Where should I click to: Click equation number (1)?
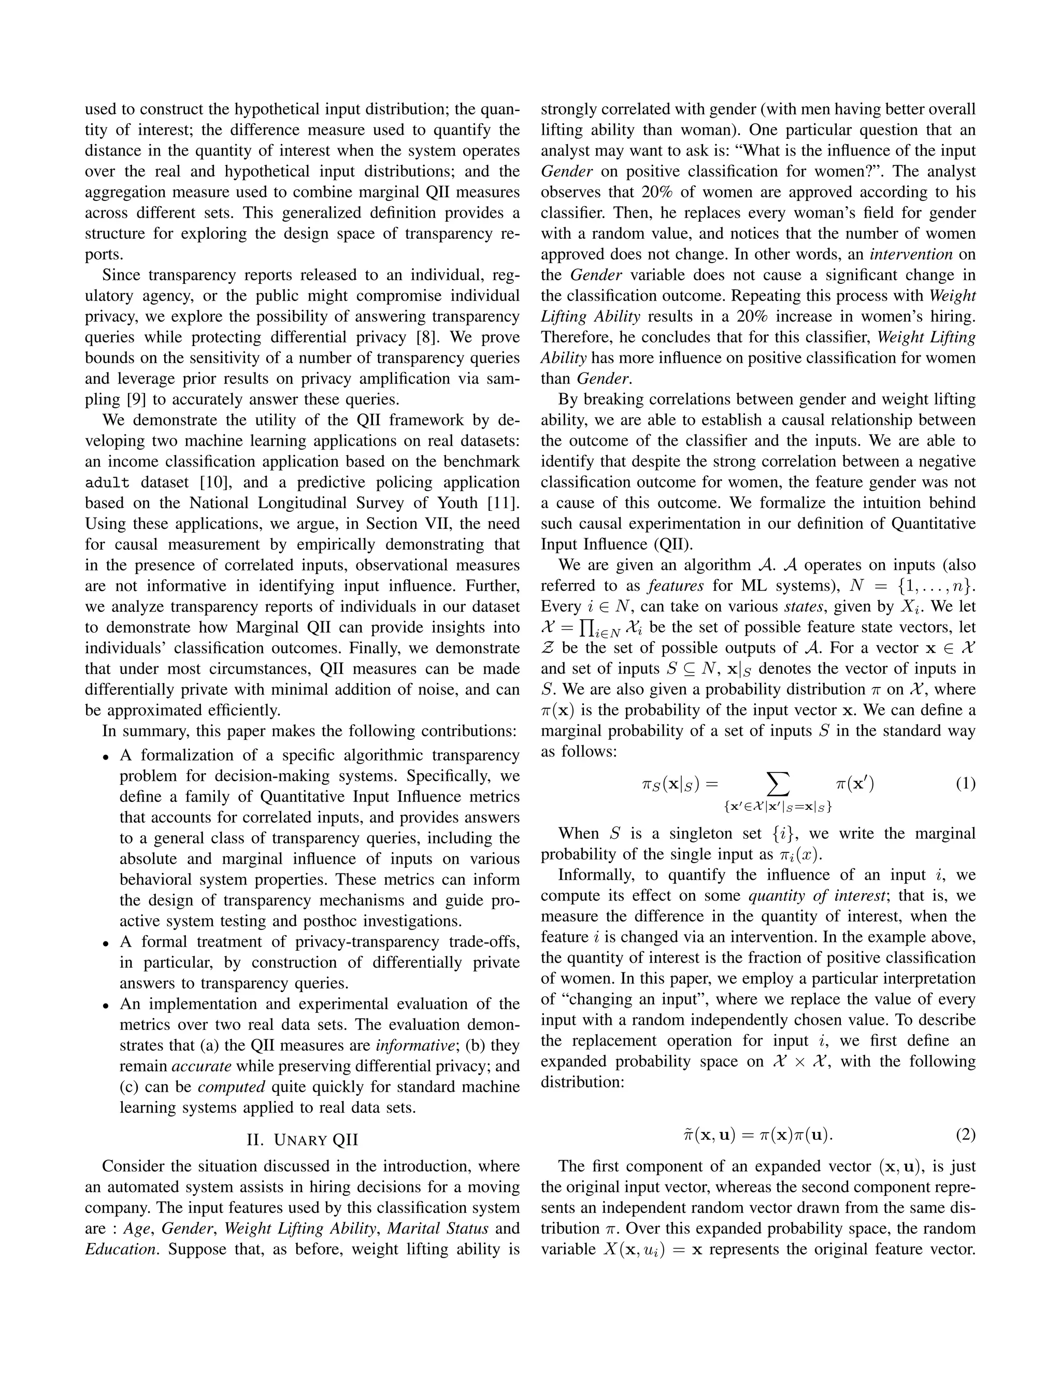tap(965, 784)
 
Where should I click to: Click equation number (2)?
tap(965, 1135)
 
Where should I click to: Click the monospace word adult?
tap(107, 483)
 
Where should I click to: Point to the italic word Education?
tap(120, 1249)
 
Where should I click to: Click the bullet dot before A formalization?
tap(106, 757)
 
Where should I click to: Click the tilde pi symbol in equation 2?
tap(687, 1135)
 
